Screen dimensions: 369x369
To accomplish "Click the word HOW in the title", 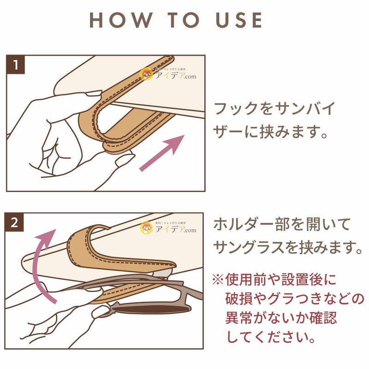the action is pyautogui.click(x=121, y=20).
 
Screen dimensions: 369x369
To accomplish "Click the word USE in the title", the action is pyautogui.click(x=239, y=20).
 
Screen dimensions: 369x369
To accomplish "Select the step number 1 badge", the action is pyautogui.click(x=16, y=65).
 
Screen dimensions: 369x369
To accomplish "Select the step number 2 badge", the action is pyautogui.click(x=14, y=222).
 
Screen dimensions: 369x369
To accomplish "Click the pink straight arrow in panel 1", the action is pyautogui.click(x=162, y=153).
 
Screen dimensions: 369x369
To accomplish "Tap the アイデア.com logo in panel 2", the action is pyautogui.click(x=168, y=228).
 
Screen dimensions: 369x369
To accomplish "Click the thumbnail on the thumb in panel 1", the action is pyautogui.click(x=94, y=94).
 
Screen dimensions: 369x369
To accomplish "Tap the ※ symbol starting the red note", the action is pyautogui.click(x=218, y=280).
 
